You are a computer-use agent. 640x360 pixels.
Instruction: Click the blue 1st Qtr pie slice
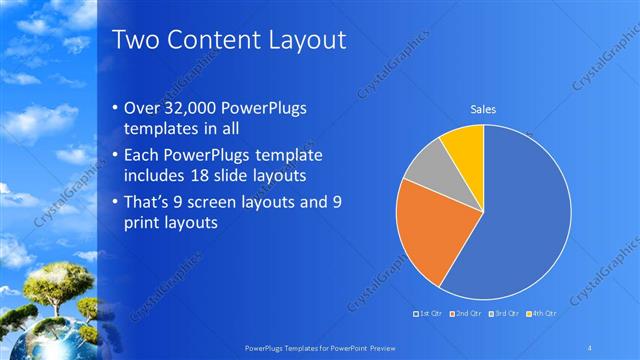click(x=520, y=220)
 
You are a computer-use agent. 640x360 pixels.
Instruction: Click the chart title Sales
click(x=483, y=110)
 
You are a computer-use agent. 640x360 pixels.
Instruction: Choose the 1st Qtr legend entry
click(x=430, y=314)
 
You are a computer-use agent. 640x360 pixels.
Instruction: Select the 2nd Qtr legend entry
click(x=468, y=314)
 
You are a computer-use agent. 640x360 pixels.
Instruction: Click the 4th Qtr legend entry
click(x=542, y=314)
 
